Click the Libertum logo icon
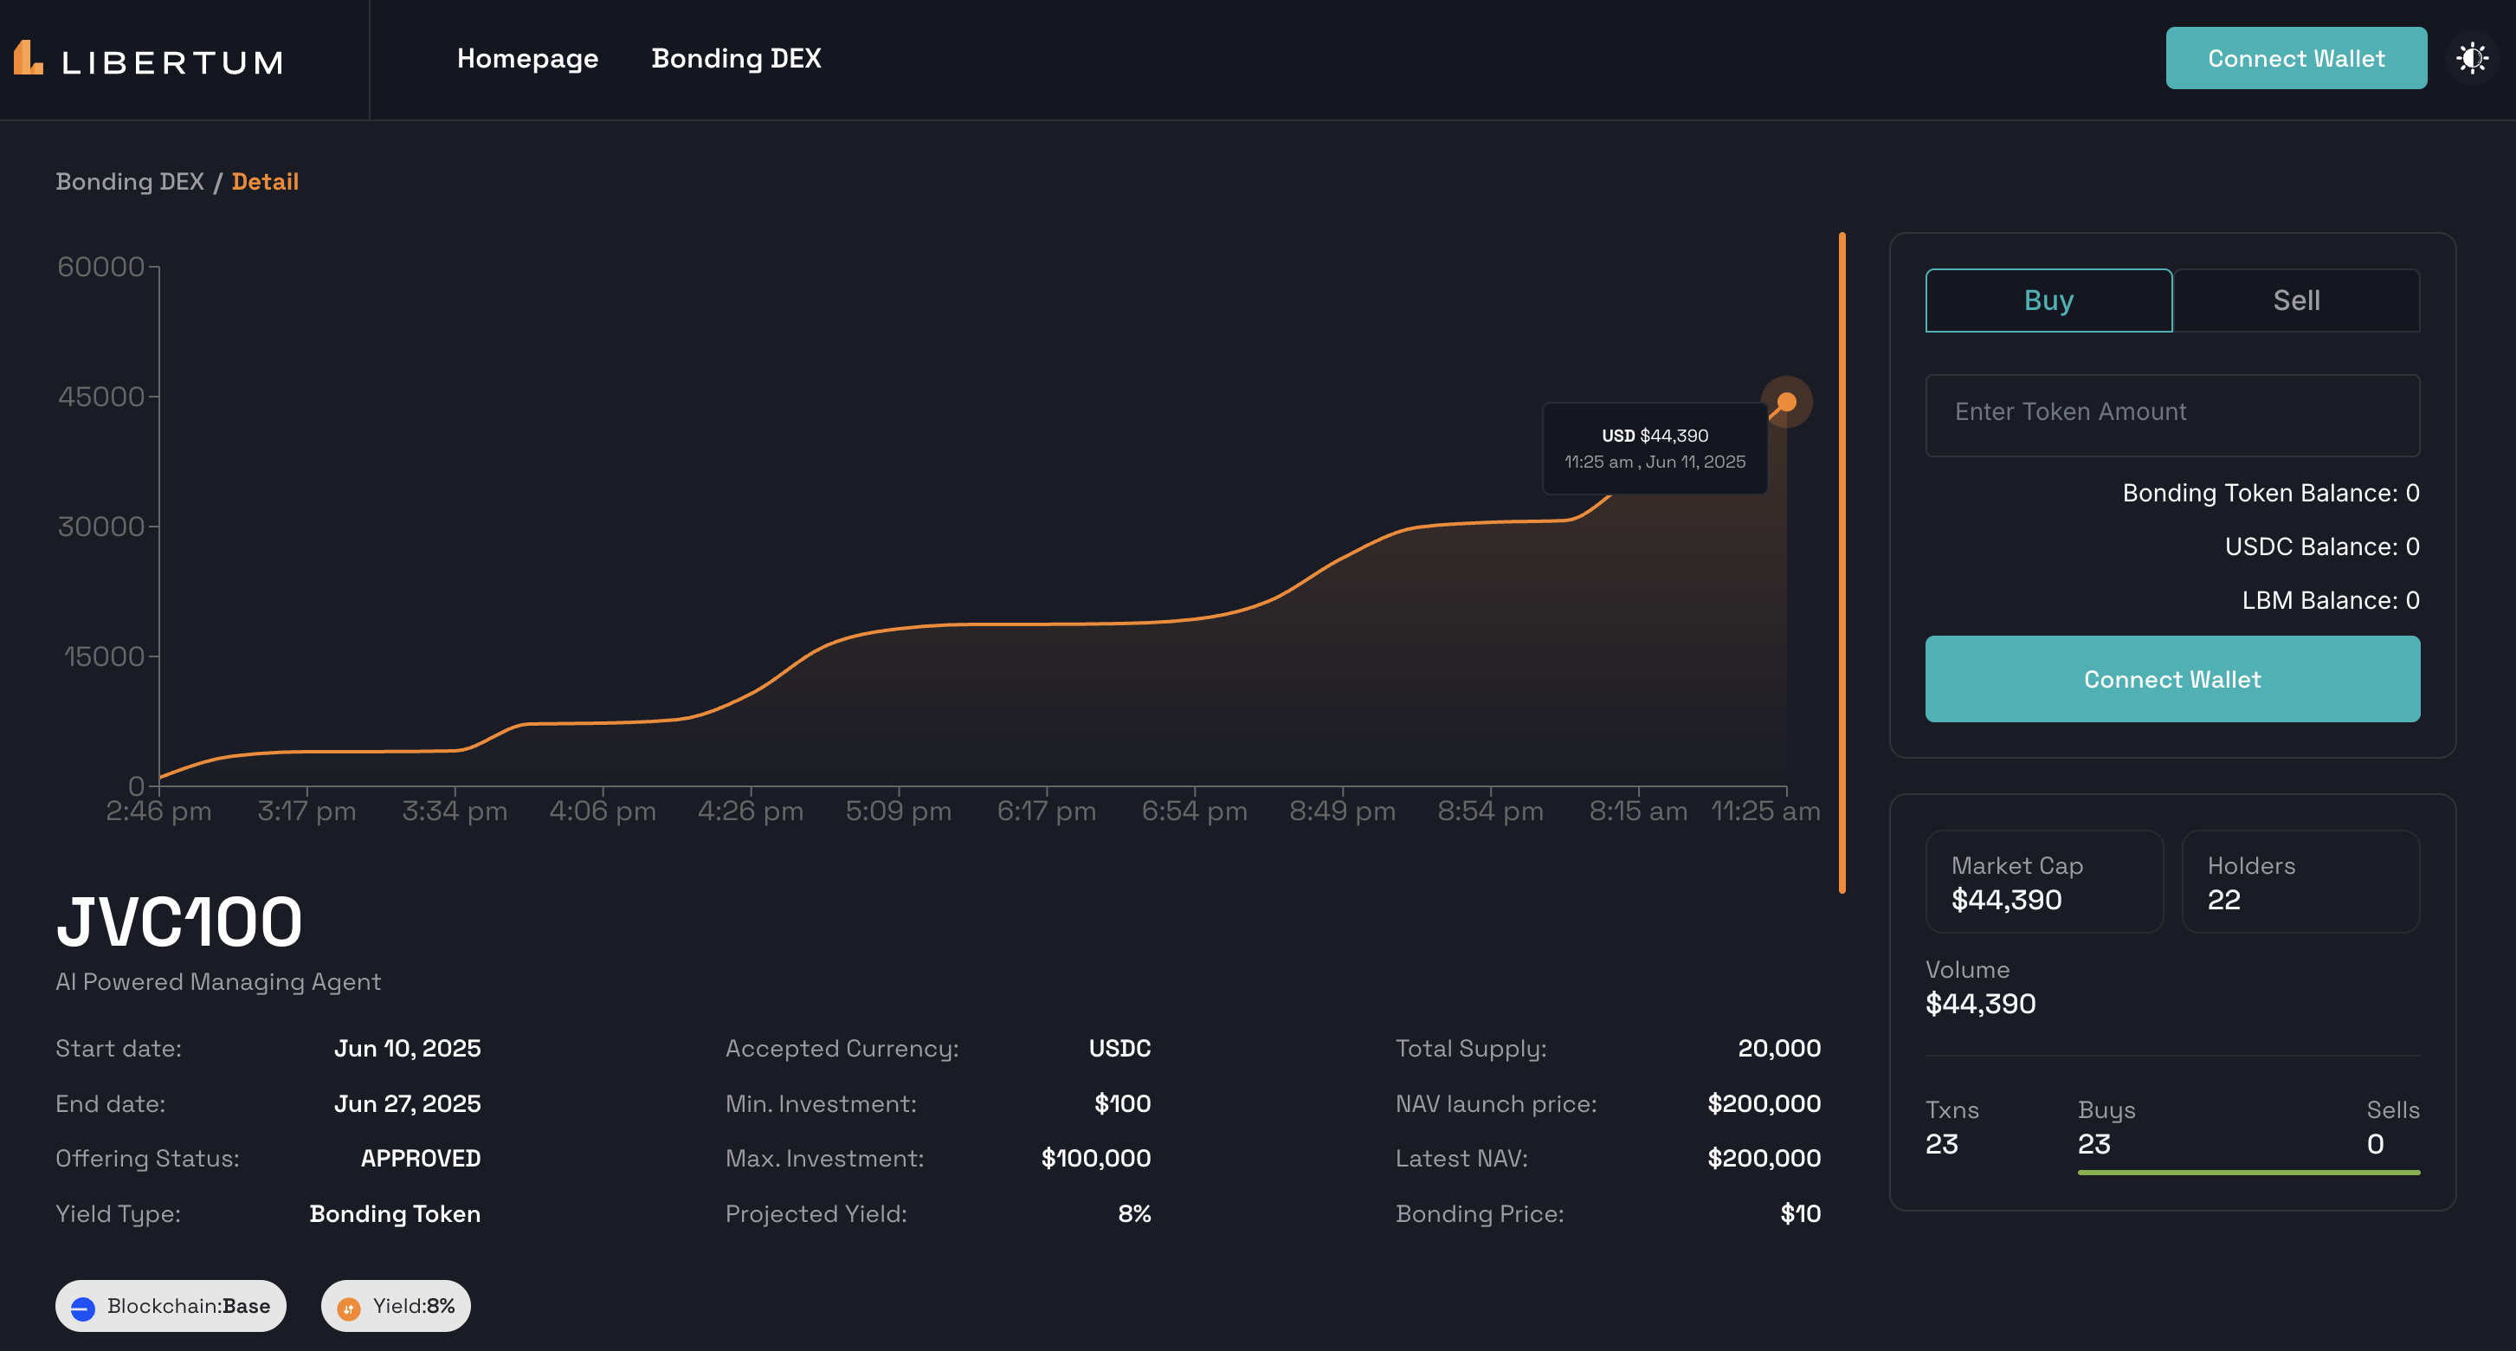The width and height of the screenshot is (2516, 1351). coord(29,59)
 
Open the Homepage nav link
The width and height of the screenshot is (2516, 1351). coord(527,59)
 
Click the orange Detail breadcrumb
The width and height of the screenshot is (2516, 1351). coord(265,182)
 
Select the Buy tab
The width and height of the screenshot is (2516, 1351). coord(2048,300)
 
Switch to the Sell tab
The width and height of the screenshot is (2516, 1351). coord(2295,300)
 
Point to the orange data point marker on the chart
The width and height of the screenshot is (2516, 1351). coord(1786,402)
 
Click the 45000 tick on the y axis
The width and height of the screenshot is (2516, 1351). coord(100,397)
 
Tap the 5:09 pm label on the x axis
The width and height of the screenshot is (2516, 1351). coord(898,811)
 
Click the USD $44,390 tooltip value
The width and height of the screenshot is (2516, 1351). coord(1655,436)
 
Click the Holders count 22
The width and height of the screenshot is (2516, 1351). coord(2223,900)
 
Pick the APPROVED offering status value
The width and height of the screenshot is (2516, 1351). coord(420,1159)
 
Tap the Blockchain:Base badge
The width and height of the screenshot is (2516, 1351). coord(171,1306)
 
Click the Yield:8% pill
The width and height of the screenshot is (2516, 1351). coord(396,1306)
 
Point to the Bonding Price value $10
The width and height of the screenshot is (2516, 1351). coord(1799,1213)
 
